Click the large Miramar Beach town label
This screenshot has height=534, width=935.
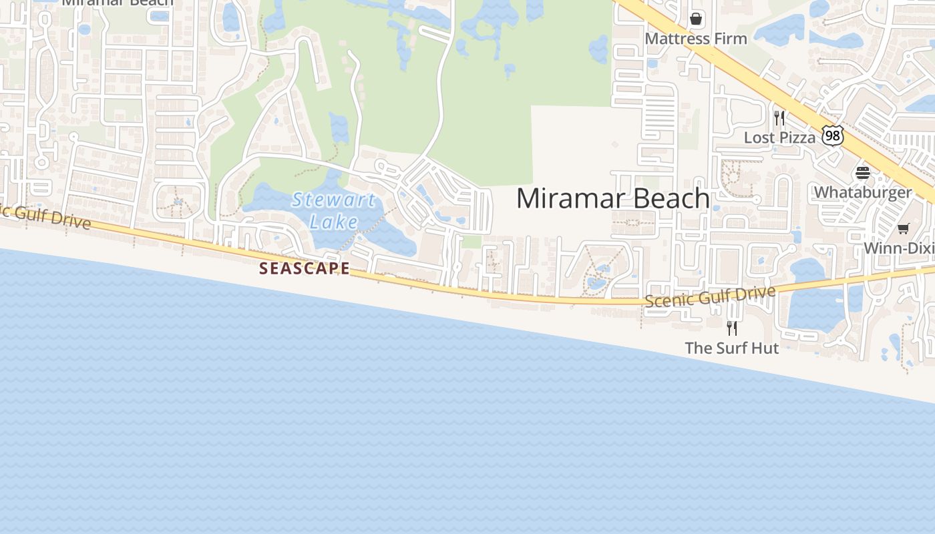pos(612,198)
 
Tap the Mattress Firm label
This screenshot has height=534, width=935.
pos(695,39)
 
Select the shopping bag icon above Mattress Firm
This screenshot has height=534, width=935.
pos(696,19)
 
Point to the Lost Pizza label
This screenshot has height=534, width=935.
pos(779,138)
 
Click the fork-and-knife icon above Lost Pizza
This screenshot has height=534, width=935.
pos(779,118)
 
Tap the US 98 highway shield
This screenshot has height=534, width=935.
pos(832,136)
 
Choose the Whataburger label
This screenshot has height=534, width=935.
pos(862,192)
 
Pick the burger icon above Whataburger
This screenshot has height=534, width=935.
pos(862,173)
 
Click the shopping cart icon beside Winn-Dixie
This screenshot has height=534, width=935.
pos(903,229)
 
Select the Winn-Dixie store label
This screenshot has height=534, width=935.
pos(898,248)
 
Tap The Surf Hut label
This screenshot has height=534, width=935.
pos(731,348)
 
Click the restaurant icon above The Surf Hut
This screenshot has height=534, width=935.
pos(732,328)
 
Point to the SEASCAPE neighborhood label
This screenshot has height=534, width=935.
pos(304,268)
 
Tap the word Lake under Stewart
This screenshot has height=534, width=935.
pos(334,222)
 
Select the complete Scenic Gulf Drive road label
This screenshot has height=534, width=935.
pos(710,296)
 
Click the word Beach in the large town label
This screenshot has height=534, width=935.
pos(671,198)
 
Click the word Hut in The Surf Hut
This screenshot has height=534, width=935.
pos(764,348)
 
